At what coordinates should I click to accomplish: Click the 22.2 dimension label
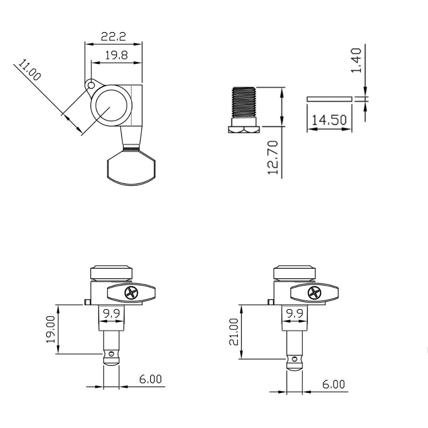tap(113, 37)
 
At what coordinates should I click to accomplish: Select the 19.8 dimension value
tap(116, 55)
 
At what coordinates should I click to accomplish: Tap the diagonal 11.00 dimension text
tap(30, 71)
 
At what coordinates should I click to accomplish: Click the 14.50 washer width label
tap(329, 120)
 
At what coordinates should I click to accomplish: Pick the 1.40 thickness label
tap(356, 60)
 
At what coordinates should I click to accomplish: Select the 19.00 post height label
tap(50, 329)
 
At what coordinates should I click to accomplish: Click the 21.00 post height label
tap(234, 332)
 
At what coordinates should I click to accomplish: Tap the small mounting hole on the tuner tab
tap(91, 85)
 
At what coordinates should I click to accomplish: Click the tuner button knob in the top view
tap(131, 168)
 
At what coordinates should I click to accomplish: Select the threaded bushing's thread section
tap(244, 102)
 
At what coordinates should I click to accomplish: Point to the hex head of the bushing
tap(244, 129)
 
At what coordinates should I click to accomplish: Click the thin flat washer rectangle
tap(329, 99)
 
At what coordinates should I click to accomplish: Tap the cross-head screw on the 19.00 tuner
tap(131, 293)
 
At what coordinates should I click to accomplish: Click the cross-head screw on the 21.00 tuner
tap(314, 293)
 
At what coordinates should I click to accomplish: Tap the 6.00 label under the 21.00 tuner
tap(333, 384)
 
